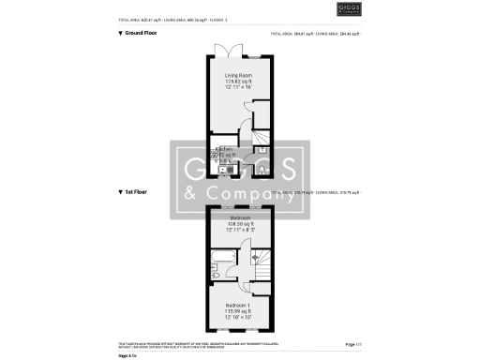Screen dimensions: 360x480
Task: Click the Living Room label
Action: (237, 75)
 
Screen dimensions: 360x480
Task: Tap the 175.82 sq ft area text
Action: (237, 82)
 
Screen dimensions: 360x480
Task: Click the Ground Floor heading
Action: (140, 33)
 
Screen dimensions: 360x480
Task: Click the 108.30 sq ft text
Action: (240, 224)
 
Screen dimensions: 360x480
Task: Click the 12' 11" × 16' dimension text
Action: (237, 88)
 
